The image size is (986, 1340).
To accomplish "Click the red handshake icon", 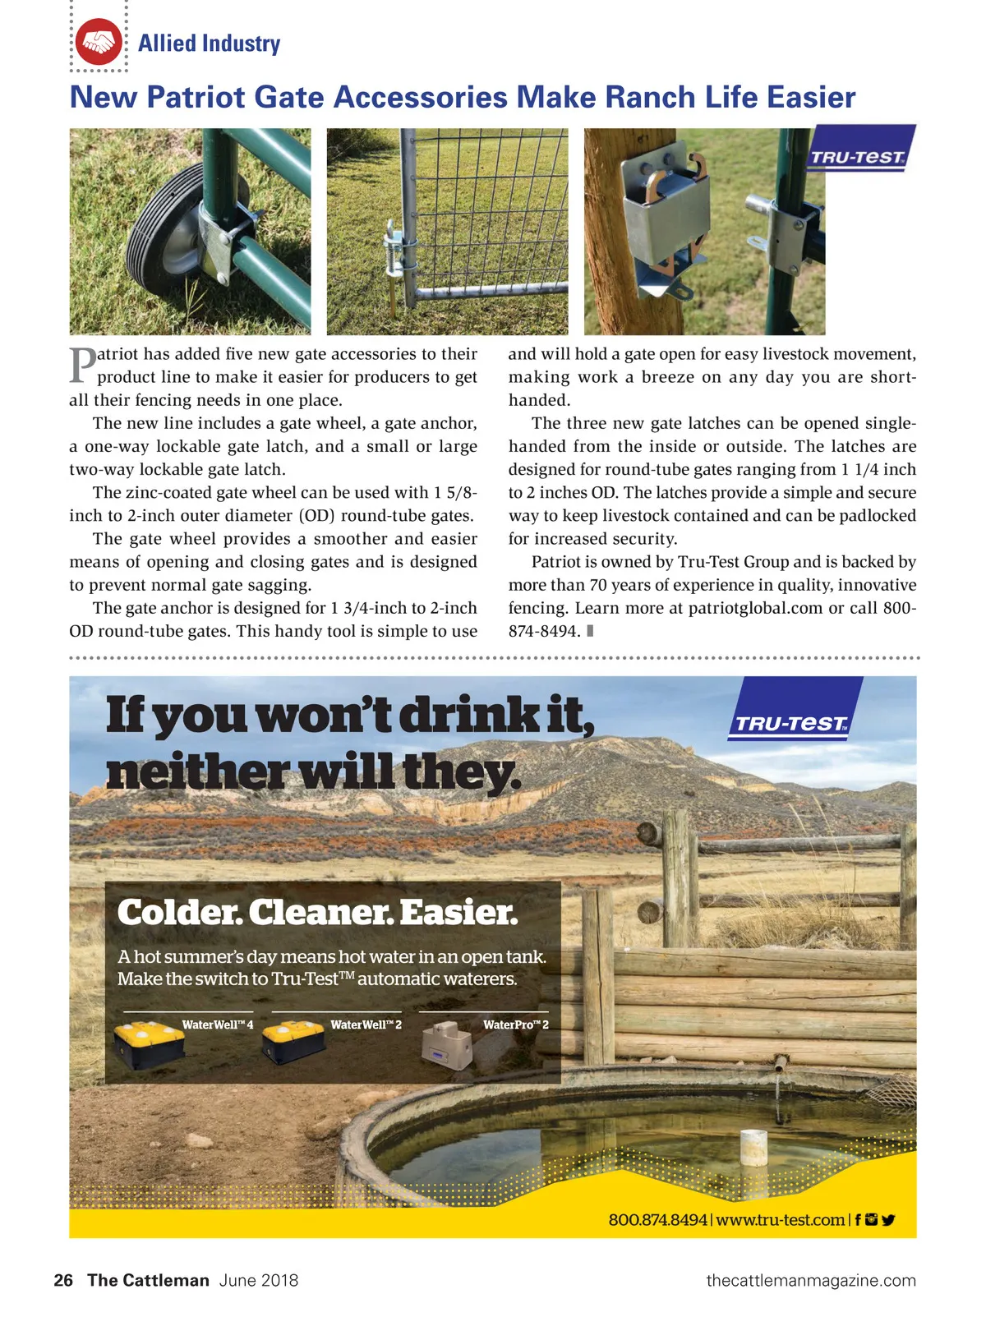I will point(99,42).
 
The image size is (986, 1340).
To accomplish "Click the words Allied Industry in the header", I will point(209,44).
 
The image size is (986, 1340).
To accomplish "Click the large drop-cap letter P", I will point(82,366).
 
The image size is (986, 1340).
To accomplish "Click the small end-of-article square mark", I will point(590,631).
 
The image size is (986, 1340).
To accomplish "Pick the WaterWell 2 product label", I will point(366,1025).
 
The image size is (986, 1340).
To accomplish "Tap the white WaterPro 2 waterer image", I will point(448,1046).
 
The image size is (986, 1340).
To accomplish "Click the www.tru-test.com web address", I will point(780,1219).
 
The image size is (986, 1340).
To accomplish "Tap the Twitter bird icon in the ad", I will point(888,1219).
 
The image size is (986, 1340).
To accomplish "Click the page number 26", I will point(63,1280).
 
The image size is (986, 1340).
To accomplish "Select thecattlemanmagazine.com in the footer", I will point(810,1280).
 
